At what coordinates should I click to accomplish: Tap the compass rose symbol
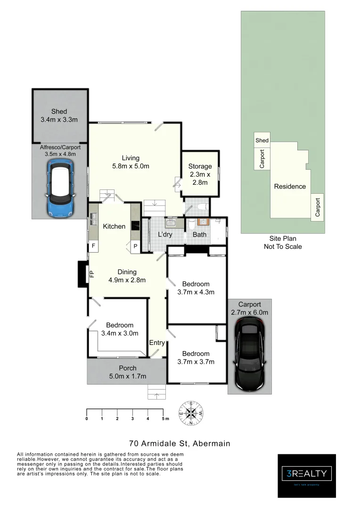coord(191,413)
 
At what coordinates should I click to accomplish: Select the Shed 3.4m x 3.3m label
coord(59,115)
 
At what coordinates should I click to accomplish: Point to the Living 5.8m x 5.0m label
coord(131,162)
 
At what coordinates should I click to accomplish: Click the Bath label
coord(199,234)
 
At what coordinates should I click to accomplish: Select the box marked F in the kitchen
coord(93,246)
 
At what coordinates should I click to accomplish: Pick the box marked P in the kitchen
coord(135,246)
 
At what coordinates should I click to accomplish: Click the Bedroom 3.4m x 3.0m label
coord(119,329)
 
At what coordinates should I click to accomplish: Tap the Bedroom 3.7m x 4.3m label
coord(196,287)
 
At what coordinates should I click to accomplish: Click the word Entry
coord(157,343)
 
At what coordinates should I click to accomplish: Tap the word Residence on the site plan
coord(290,186)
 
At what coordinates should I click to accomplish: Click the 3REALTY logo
coord(307,473)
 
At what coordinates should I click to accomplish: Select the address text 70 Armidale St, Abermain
coord(180,443)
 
